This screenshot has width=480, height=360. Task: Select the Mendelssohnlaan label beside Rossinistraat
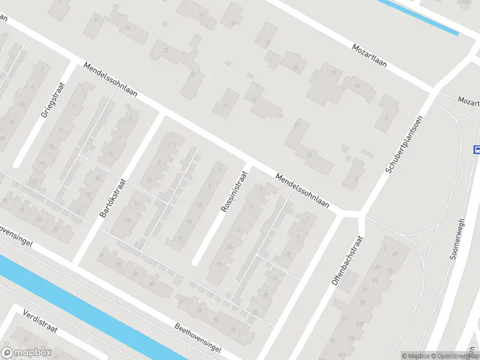303,191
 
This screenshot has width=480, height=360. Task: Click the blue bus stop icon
477,150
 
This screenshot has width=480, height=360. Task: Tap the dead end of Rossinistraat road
196,262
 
